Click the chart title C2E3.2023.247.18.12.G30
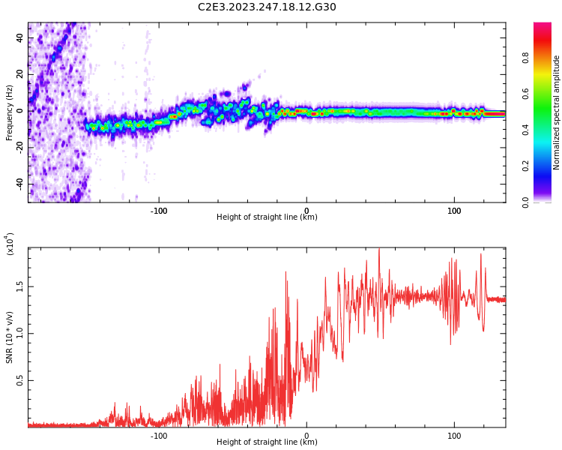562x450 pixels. pyautogui.click(x=267, y=7)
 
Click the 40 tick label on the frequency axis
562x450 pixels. pyautogui.click(x=20, y=39)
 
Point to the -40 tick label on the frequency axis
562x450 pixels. pyautogui.click(x=20, y=184)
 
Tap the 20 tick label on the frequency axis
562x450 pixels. pyautogui.click(x=20, y=75)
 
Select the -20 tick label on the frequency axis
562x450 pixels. pyautogui.click(x=20, y=148)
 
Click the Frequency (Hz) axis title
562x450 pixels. pyautogui.click(x=9, y=112)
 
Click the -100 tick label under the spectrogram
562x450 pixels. pyautogui.click(x=159, y=211)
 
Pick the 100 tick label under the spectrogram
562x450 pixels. pyautogui.click(x=454, y=211)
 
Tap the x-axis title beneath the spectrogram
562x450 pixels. pyautogui.click(x=267, y=217)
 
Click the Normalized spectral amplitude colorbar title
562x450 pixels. pyautogui.click(x=557, y=112)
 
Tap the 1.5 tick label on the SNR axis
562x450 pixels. pyautogui.click(x=20, y=286)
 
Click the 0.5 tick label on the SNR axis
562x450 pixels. pyautogui.click(x=20, y=380)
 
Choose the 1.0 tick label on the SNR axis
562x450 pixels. pyautogui.click(x=20, y=334)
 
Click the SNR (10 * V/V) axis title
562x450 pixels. pyautogui.click(x=10, y=337)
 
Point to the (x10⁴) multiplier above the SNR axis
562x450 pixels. pyautogui.click(x=10, y=244)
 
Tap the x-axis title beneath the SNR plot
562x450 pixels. pyautogui.click(x=267, y=442)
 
